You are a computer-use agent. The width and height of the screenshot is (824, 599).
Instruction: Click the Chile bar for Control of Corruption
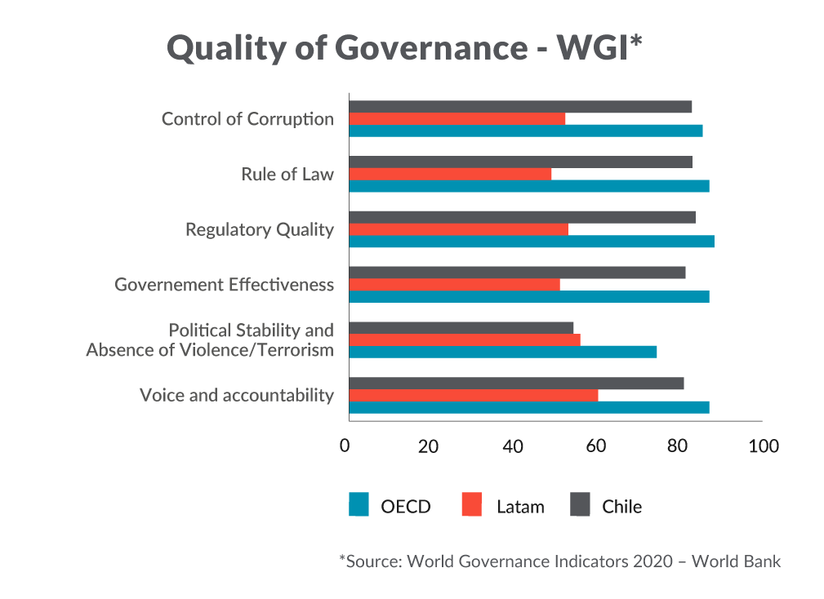click(x=520, y=107)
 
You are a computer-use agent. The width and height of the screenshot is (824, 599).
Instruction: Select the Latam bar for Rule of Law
click(x=450, y=174)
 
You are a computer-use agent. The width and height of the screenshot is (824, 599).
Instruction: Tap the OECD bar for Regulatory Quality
click(x=532, y=242)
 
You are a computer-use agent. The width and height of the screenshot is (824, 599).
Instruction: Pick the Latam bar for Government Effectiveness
click(x=454, y=285)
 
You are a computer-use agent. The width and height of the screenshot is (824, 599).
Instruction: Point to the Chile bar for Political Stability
click(x=461, y=328)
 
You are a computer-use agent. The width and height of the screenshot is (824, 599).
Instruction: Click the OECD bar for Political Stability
click(x=502, y=352)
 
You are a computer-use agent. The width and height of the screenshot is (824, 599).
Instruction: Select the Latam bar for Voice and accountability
click(x=473, y=396)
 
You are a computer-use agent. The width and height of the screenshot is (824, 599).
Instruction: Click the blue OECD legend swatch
click(x=359, y=505)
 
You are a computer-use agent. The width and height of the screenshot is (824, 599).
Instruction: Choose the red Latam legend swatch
click(x=472, y=505)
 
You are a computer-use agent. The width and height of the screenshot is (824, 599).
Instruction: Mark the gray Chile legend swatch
click(x=579, y=505)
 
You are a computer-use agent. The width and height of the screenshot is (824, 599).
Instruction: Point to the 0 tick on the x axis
click(x=345, y=446)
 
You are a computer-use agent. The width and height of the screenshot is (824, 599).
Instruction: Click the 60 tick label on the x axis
click(x=595, y=446)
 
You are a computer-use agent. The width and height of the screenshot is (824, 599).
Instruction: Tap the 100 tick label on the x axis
click(x=764, y=446)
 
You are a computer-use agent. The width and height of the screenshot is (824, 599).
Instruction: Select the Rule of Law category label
click(x=287, y=174)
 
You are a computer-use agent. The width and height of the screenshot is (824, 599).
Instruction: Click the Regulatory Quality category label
click(x=260, y=229)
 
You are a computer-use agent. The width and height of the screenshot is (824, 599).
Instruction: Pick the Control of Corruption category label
click(x=247, y=119)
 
